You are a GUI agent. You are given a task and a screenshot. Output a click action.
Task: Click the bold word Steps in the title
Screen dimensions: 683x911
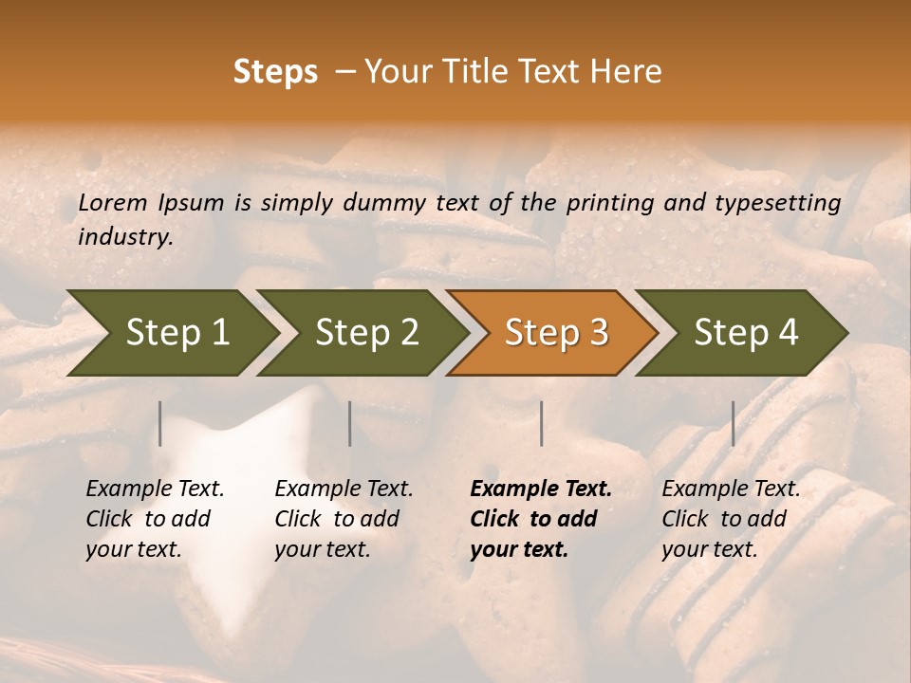[275, 72]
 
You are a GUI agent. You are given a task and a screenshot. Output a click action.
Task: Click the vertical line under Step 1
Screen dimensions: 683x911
[160, 423]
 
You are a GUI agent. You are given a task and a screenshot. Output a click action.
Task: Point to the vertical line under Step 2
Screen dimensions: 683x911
[350, 423]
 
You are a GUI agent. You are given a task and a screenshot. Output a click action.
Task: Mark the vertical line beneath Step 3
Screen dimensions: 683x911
[542, 423]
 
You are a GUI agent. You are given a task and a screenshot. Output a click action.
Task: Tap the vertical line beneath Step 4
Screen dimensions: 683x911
[733, 423]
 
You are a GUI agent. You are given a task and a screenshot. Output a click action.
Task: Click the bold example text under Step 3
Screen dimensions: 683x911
[541, 519]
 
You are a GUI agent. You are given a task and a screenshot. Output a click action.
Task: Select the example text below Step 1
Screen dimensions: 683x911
[155, 519]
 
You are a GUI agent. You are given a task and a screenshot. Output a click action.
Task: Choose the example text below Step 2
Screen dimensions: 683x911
[344, 519]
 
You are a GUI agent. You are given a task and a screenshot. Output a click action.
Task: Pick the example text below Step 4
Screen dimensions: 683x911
[731, 519]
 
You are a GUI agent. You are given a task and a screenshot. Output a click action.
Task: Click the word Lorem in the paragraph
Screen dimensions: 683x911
[113, 202]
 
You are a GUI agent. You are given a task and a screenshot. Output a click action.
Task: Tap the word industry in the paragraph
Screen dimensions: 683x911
[124, 236]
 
